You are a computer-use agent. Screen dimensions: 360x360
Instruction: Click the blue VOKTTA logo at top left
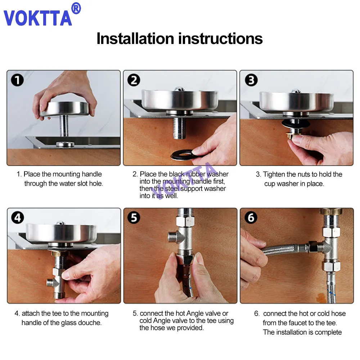tap(38, 18)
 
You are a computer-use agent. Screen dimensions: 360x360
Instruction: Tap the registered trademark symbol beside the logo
tap(76, 9)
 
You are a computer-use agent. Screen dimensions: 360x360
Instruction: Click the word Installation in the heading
tap(135, 39)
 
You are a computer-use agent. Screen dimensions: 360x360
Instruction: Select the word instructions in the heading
tap(220, 39)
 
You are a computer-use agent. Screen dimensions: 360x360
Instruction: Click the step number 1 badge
tap(17, 80)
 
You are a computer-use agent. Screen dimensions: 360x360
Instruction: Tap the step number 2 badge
tap(134, 80)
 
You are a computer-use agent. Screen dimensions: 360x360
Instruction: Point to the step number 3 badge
tap(251, 80)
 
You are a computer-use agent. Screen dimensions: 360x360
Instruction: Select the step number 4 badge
tap(18, 218)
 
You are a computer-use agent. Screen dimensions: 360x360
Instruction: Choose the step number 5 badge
tap(134, 218)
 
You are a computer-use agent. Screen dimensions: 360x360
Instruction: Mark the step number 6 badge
tap(251, 218)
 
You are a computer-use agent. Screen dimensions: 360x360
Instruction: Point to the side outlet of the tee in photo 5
tap(172, 237)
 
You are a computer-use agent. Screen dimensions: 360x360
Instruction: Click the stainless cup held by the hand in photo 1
tap(65, 109)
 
